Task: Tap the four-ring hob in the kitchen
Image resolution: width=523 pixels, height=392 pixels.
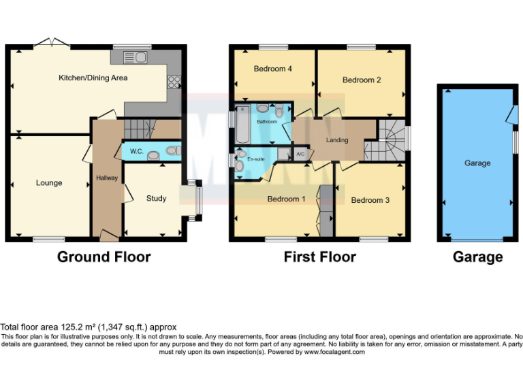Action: point(174,82)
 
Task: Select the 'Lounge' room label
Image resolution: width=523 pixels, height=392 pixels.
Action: point(49,183)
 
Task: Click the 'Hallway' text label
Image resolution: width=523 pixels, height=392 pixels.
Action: point(107,178)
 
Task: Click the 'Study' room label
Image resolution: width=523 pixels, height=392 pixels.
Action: point(156,199)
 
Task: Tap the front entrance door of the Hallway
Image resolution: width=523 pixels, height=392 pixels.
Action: point(108,235)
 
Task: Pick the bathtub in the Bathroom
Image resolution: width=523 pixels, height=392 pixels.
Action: point(242,122)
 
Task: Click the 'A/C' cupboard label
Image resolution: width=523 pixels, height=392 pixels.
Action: point(300,154)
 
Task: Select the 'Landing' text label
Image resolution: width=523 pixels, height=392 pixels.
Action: point(337,140)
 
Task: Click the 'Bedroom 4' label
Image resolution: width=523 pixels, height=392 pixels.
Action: point(273,69)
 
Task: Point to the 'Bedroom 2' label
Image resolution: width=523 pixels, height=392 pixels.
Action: point(362,80)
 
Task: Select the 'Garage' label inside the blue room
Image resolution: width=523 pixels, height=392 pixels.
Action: point(477,163)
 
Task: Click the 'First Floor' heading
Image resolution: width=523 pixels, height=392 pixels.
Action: point(319,257)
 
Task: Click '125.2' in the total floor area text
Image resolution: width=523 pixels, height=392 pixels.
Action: point(69,327)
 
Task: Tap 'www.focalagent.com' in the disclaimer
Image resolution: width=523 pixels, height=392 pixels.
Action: point(334,352)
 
